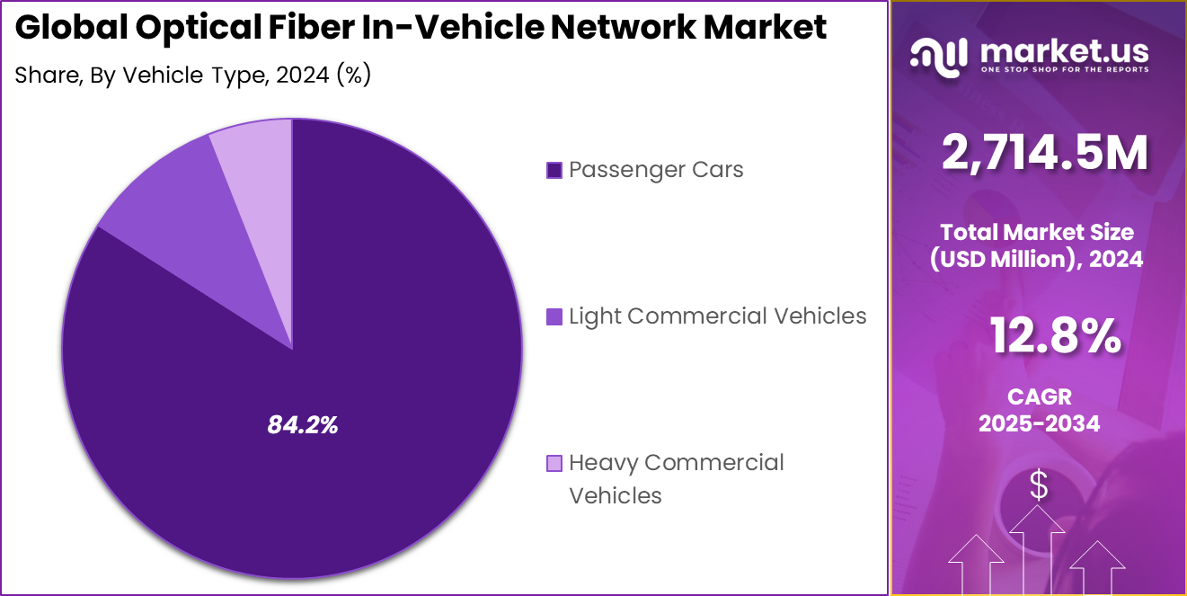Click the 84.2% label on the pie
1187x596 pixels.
[x=303, y=426]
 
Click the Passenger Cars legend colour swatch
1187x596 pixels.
[x=554, y=170]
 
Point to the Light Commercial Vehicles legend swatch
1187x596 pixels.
[x=554, y=316]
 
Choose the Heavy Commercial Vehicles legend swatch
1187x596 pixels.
[x=554, y=463]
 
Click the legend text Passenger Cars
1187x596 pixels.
[x=656, y=170]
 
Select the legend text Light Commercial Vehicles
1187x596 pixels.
[x=717, y=316]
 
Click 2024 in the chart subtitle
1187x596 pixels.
[x=303, y=76]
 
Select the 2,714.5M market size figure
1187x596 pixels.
[x=1044, y=153]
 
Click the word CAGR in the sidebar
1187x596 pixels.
[x=1039, y=396]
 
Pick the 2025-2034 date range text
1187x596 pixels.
[x=1039, y=423]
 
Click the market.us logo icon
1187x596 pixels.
[x=938, y=55]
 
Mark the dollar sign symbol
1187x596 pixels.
[x=1039, y=486]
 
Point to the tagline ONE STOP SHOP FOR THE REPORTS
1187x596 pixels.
[x=1064, y=69]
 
